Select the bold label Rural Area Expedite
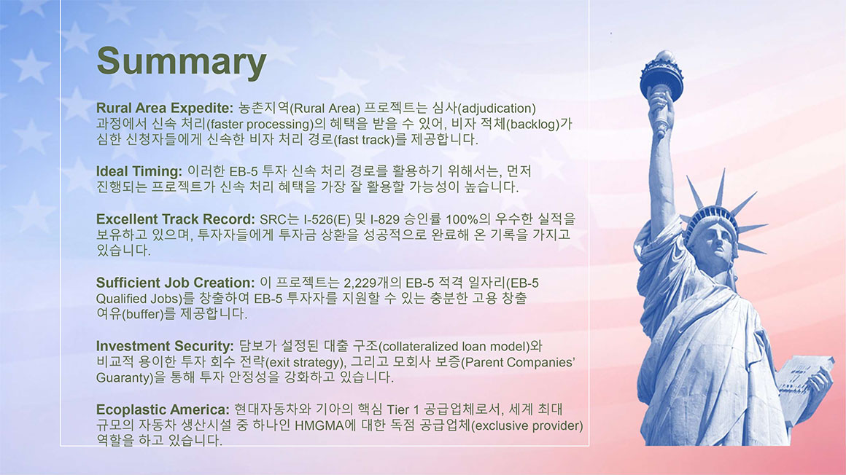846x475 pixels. (x=165, y=109)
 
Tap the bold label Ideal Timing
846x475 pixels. (x=139, y=171)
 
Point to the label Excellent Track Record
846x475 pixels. (x=175, y=219)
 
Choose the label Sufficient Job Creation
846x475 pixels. (x=175, y=283)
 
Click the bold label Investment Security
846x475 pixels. (x=165, y=346)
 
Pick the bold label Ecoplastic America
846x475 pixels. (x=163, y=409)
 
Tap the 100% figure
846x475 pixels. (x=462, y=219)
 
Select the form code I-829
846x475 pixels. (x=384, y=219)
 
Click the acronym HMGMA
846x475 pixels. (x=319, y=426)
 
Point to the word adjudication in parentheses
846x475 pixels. (x=496, y=109)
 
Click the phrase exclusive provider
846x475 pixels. (x=527, y=426)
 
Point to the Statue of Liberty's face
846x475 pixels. (x=718, y=242)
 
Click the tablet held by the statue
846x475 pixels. (x=802, y=377)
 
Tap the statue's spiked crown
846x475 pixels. (x=721, y=211)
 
